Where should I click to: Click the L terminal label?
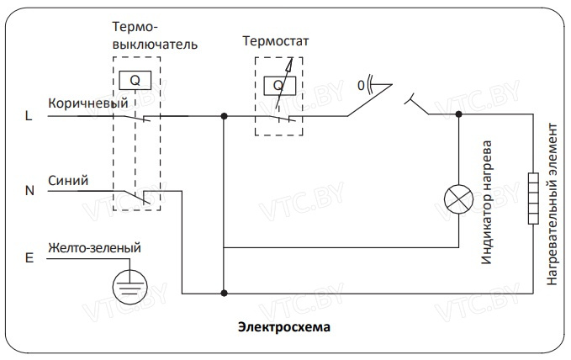click(29, 117)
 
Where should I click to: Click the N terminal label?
click(29, 191)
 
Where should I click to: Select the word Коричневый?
click(88, 103)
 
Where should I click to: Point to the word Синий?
click(67, 179)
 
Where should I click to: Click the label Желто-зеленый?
click(94, 248)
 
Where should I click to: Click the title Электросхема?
click(284, 325)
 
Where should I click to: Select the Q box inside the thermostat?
click(277, 85)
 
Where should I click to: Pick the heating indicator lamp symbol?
click(458, 199)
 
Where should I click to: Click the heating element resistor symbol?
click(532, 199)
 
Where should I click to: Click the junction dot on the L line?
click(224, 116)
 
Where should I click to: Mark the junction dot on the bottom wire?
click(224, 293)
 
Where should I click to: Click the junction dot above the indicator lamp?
click(458, 116)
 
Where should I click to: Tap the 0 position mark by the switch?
click(361, 85)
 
